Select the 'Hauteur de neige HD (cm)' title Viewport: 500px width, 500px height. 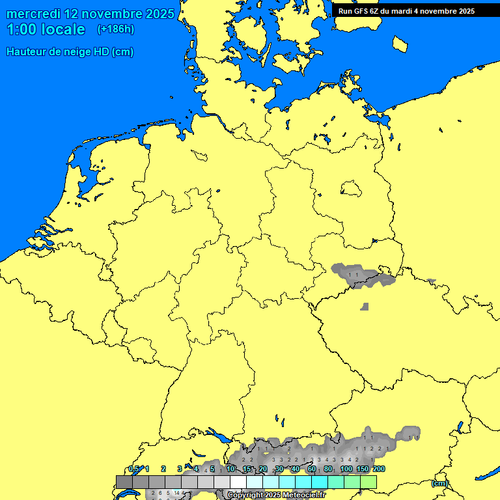click(70, 52)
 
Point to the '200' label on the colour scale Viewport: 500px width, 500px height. click(379, 469)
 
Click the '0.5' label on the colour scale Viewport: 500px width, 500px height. click(134, 469)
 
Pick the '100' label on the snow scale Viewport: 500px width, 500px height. click(346, 469)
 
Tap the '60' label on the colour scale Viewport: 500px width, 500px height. click(312, 469)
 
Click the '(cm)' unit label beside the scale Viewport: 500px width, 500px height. click(439, 483)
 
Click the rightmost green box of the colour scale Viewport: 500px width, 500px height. click(368, 482)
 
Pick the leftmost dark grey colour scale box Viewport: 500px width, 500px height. click(124, 482)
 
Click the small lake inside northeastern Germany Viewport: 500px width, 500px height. click(351, 189)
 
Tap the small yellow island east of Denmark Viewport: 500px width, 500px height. click(400, 43)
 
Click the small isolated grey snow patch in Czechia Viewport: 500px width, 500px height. click(365, 306)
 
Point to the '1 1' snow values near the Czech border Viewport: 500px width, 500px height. click(354, 275)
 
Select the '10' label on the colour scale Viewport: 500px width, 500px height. click(230, 469)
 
